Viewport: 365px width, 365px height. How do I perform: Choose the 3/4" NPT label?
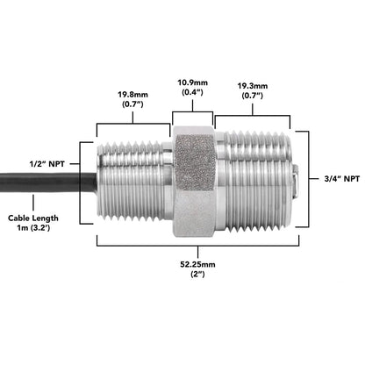click(339, 179)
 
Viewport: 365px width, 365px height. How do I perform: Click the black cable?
click(44, 181)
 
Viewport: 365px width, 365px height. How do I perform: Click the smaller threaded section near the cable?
click(133, 180)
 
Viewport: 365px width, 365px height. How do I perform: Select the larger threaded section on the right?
click(254, 180)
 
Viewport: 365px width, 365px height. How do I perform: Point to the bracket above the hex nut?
click(192, 111)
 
